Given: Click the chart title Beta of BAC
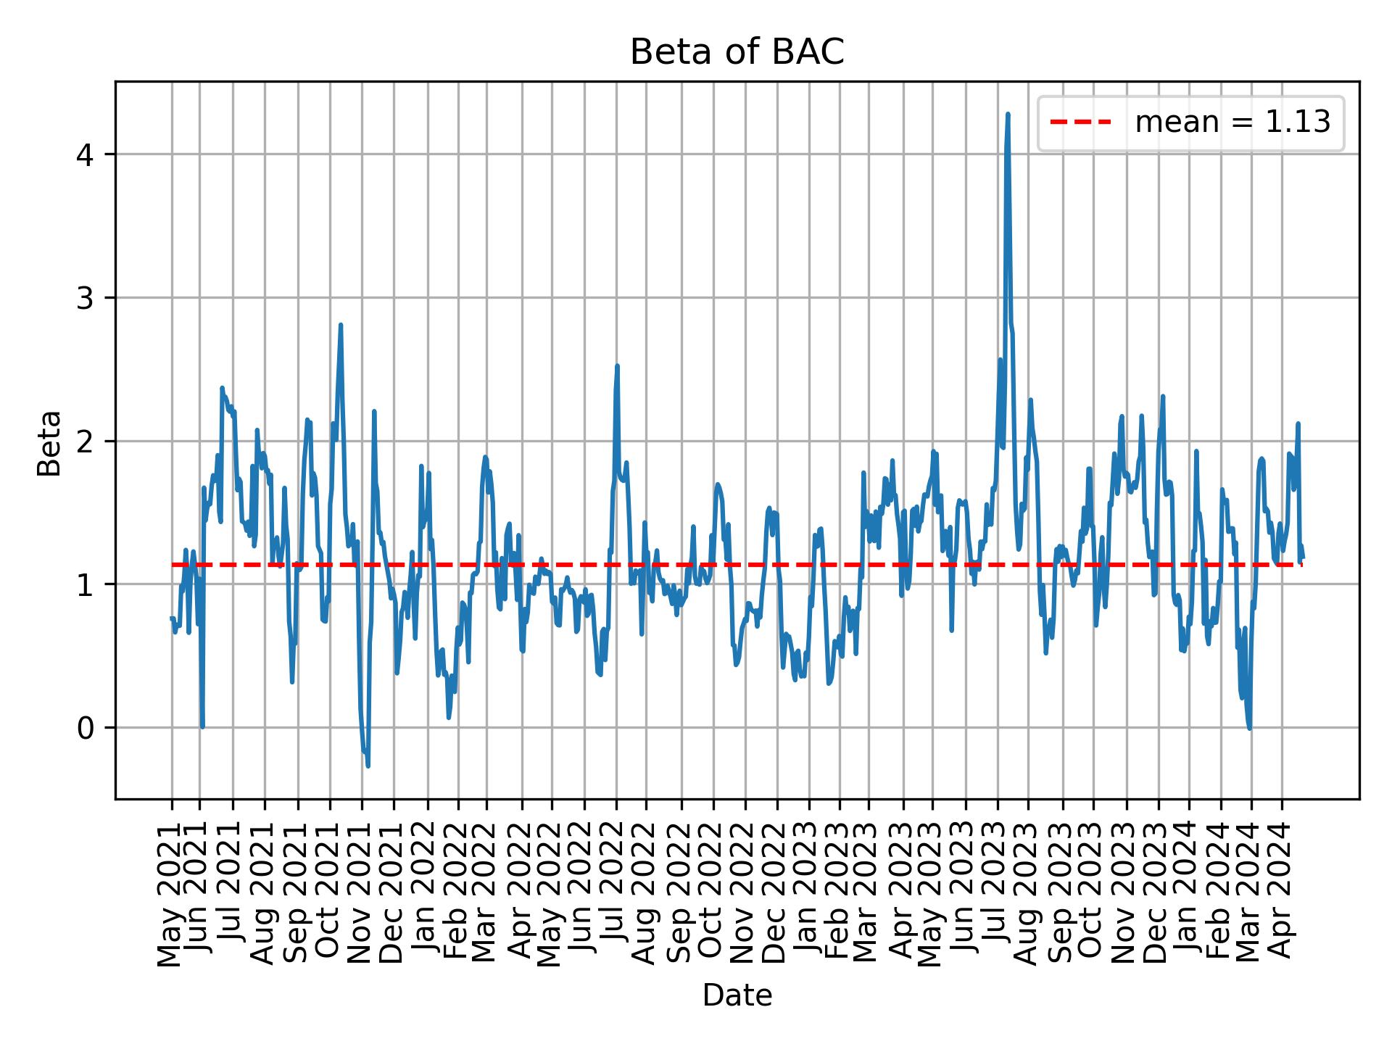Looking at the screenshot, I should pyautogui.click(x=737, y=52).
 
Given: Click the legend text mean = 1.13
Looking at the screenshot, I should pyautogui.click(x=1232, y=123).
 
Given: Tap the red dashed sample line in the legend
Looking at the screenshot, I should pyautogui.click(x=1080, y=123).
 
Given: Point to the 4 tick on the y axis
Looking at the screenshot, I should pyautogui.click(x=86, y=155).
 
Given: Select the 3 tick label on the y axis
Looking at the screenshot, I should pyautogui.click(x=86, y=298).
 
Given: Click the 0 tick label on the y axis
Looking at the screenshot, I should pyautogui.click(x=86, y=728).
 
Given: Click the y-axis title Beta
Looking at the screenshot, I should pyautogui.click(x=49, y=442).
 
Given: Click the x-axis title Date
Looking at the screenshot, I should pyautogui.click(x=737, y=995).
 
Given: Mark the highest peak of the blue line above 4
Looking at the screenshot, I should pyautogui.click(x=1008, y=115).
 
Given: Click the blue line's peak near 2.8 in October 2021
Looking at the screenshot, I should pyautogui.click(x=340, y=326).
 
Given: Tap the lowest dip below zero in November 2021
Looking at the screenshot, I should pyautogui.click(x=368, y=766).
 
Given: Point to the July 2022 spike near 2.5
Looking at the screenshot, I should pyautogui.click(x=617, y=367).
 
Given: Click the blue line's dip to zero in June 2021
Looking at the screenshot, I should pyautogui.click(x=202, y=726).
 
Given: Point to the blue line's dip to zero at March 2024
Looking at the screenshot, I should pyautogui.click(x=1249, y=727).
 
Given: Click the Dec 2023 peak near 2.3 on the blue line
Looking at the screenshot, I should pyautogui.click(x=1163, y=397).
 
